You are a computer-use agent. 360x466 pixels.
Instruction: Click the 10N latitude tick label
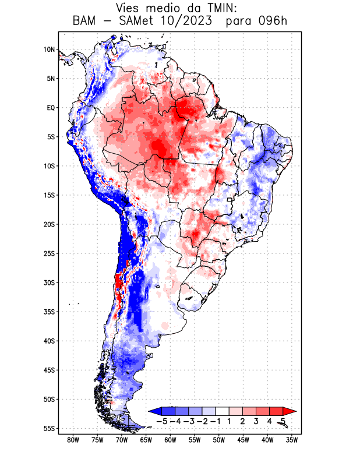point(49,50)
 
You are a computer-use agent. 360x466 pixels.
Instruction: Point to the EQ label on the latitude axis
point(51,108)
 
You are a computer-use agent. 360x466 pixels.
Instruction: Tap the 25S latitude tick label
point(49,253)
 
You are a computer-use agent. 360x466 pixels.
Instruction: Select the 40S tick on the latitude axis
point(49,341)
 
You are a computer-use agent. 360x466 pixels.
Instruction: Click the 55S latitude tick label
point(49,428)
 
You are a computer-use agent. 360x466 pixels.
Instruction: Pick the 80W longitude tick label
point(73,440)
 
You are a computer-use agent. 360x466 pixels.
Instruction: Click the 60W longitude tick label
point(170,440)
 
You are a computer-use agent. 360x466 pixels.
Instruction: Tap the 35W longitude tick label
point(292,440)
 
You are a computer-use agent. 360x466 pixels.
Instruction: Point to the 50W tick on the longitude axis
point(218,440)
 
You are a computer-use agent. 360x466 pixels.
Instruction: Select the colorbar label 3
point(256,421)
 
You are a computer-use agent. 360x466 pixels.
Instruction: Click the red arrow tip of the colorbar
point(286,411)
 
